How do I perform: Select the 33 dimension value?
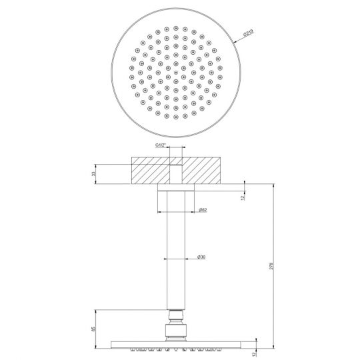click(93, 173)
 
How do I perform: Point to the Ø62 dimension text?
click(203, 211)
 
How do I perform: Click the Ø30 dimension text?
click(201, 257)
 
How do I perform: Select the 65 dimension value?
click(93, 327)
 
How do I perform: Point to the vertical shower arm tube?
click(176, 253)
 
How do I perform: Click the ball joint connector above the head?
click(176, 322)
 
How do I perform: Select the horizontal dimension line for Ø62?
click(176, 211)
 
